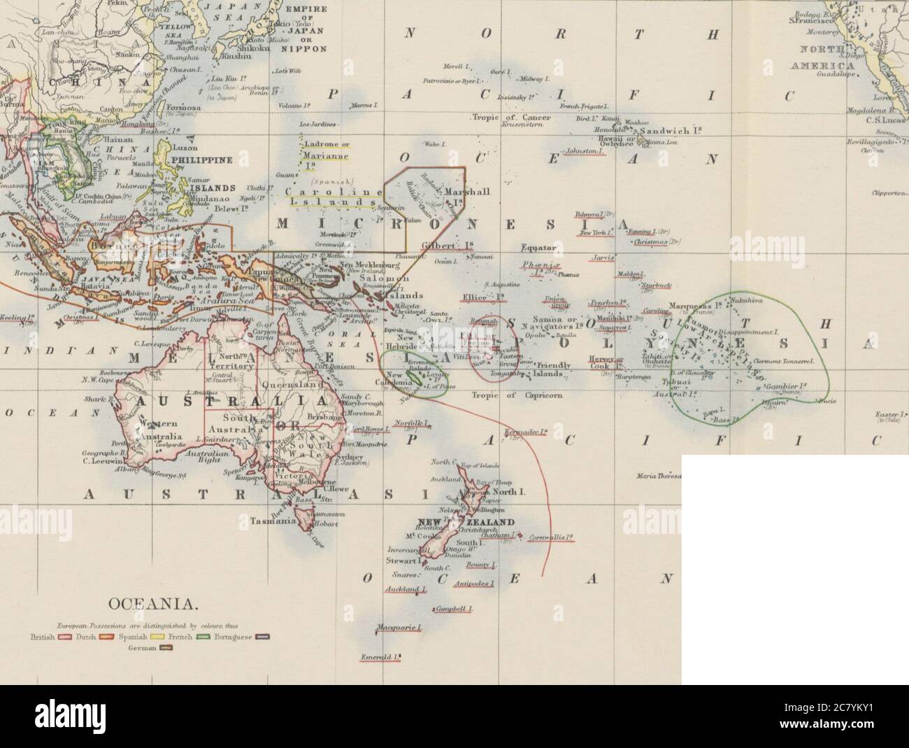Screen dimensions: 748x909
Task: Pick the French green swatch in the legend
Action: click(x=207, y=637)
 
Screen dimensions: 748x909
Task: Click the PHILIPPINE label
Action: click(x=207, y=160)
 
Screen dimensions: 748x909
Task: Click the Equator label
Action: click(x=537, y=247)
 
